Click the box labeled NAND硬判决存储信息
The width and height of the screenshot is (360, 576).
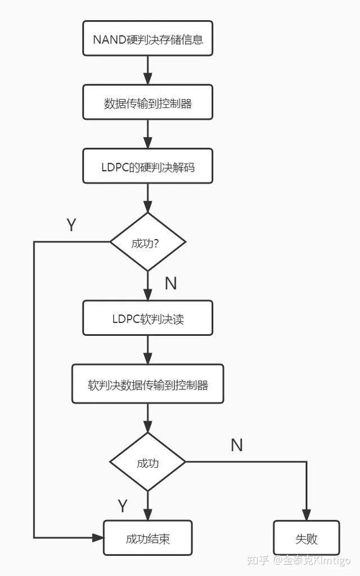click(x=147, y=39)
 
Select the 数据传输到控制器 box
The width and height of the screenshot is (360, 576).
click(x=147, y=102)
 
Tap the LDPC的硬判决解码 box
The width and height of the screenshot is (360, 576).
click(x=147, y=166)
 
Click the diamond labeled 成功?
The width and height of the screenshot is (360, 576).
click(x=147, y=242)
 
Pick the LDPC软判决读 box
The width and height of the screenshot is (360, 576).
click(x=147, y=318)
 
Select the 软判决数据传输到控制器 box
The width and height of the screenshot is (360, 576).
click(x=147, y=384)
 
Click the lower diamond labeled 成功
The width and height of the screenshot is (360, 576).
click(x=147, y=462)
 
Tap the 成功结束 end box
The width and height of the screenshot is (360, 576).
click(x=147, y=538)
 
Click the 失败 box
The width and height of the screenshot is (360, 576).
click(x=307, y=538)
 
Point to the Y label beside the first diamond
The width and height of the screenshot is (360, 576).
click(x=71, y=226)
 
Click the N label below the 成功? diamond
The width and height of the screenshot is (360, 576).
click(x=170, y=283)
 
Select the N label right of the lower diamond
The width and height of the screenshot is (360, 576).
click(x=237, y=445)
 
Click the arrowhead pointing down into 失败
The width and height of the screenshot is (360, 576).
click(x=307, y=515)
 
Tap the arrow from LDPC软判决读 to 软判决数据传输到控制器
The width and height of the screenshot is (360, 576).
click(x=147, y=350)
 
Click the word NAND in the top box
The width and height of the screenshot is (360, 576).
click(x=105, y=39)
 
